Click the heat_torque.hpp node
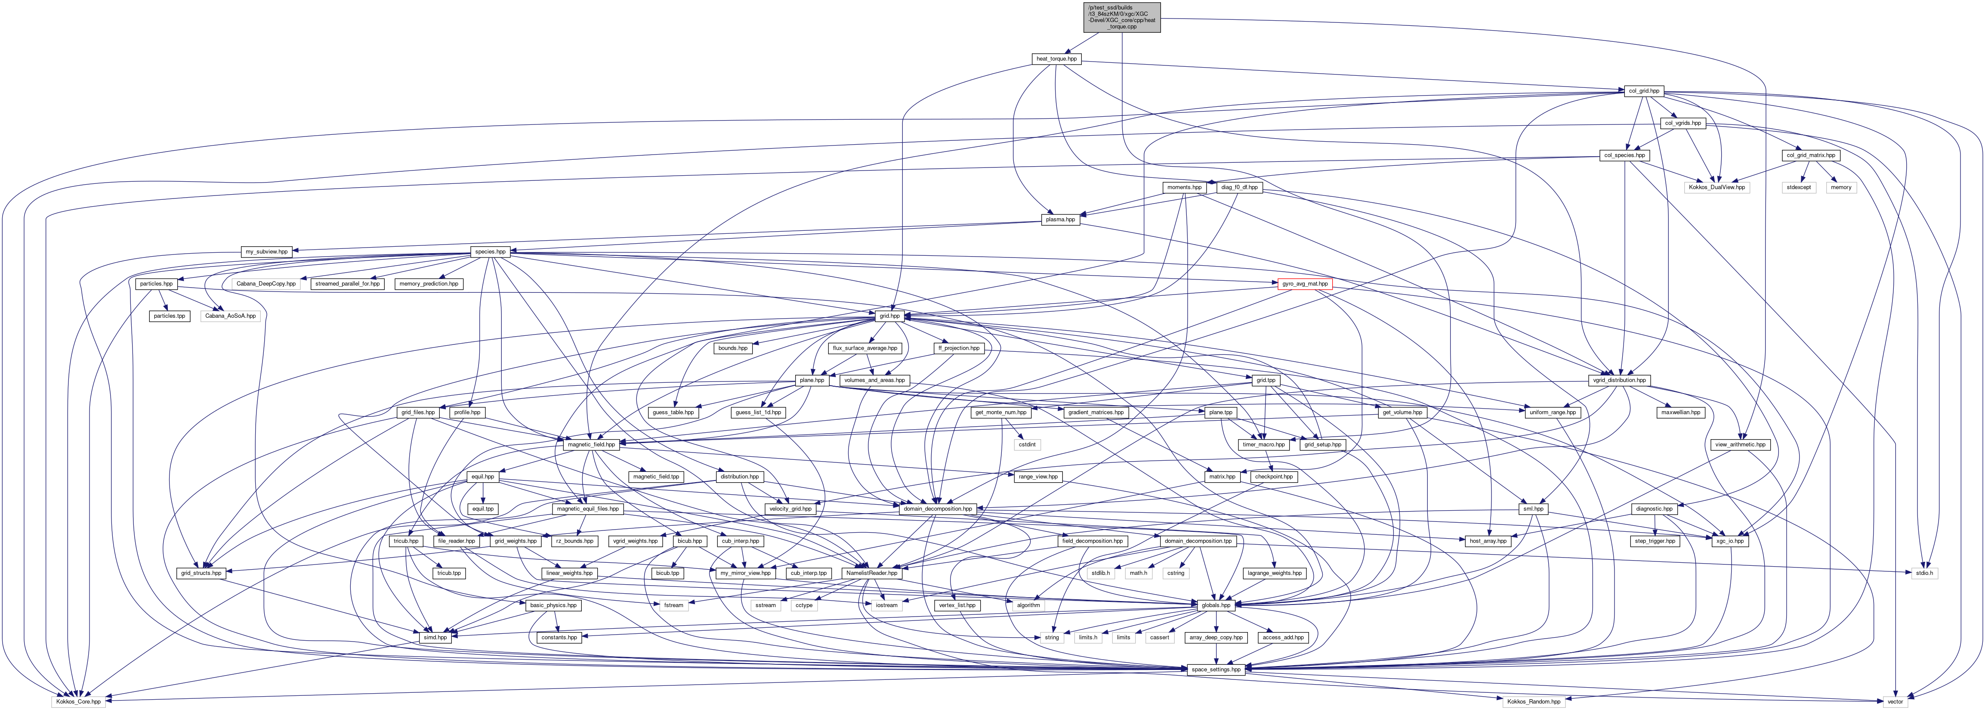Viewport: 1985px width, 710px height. pos(1056,59)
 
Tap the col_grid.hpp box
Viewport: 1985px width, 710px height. pos(1643,91)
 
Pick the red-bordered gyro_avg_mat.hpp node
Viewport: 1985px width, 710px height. pos(1305,284)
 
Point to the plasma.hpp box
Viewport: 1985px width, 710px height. pos(1059,220)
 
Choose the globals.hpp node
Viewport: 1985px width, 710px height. pos(1216,605)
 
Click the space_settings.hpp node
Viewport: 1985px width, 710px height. pos(1216,669)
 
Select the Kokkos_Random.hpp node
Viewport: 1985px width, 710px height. pos(1532,701)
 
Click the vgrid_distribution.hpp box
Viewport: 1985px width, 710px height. pos(1618,380)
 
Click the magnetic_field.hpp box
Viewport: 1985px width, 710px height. pos(591,445)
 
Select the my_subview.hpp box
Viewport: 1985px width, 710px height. pos(266,251)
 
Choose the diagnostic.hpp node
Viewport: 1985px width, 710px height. pos(1653,509)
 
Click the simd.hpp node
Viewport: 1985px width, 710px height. pos(435,638)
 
